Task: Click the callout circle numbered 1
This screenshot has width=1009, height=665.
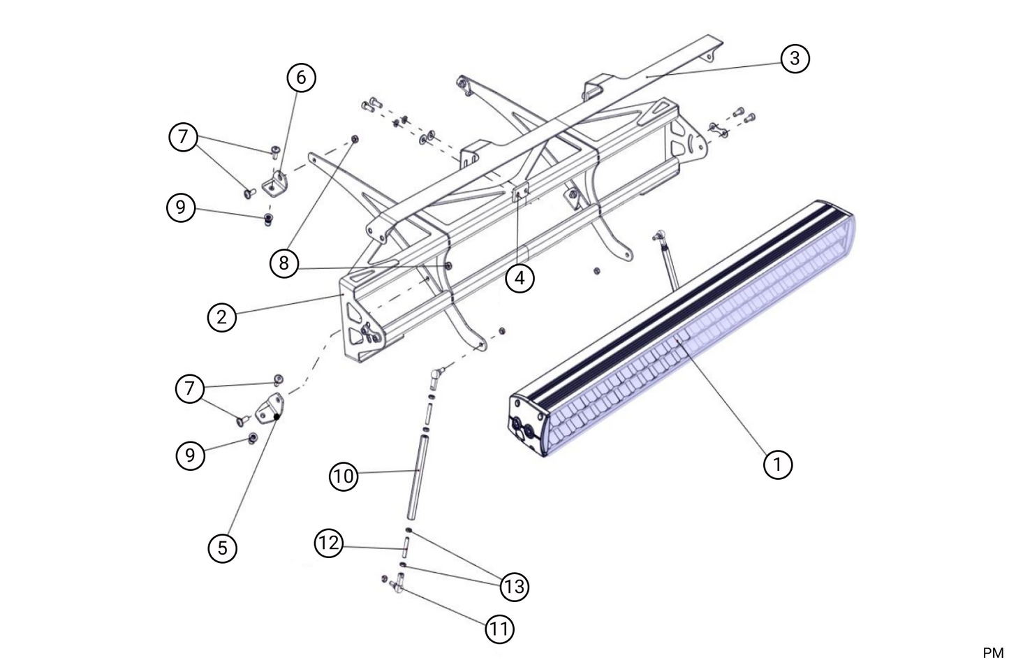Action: pyautogui.click(x=778, y=464)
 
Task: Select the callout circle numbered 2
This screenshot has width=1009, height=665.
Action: pyautogui.click(x=222, y=317)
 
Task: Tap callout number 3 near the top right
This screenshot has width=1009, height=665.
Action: pyautogui.click(x=795, y=58)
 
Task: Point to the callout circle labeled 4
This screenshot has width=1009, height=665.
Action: pyautogui.click(x=520, y=278)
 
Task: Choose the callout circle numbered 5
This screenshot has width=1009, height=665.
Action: pyautogui.click(x=222, y=548)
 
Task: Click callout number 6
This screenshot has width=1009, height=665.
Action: pyautogui.click(x=301, y=77)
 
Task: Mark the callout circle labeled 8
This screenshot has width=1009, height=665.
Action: pyautogui.click(x=283, y=263)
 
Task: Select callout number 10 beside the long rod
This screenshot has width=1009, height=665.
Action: pyautogui.click(x=344, y=476)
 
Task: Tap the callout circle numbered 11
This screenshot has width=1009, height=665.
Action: pyautogui.click(x=499, y=629)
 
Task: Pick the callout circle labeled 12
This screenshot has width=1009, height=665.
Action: pyautogui.click(x=329, y=543)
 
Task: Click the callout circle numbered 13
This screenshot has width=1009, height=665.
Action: pyautogui.click(x=514, y=587)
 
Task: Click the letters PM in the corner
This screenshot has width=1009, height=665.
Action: pyautogui.click(x=992, y=652)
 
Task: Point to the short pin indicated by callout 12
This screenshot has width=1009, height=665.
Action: pyautogui.click(x=405, y=543)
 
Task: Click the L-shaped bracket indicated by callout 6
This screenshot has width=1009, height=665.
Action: pyautogui.click(x=276, y=182)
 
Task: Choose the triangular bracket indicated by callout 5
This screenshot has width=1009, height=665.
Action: pyautogui.click(x=270, y=410)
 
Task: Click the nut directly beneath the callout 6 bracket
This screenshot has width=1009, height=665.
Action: pyautogui.click(x=269, y=220)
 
